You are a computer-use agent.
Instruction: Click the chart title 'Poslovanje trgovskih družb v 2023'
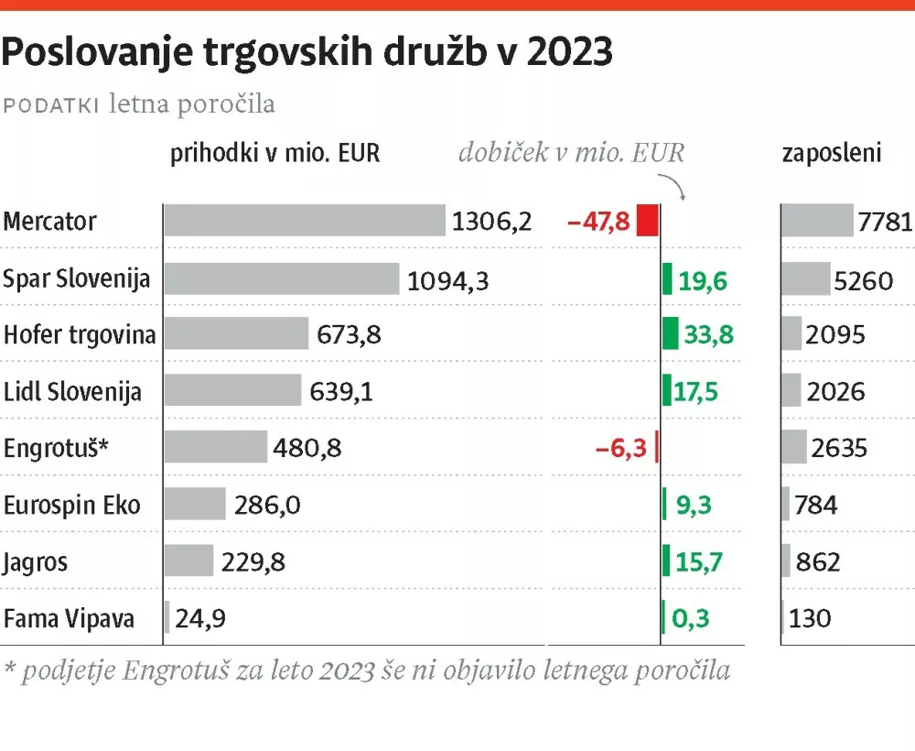pos(307,53)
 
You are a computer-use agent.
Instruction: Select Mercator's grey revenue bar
pos(304,221)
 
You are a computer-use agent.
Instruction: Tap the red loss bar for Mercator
pos(648,222)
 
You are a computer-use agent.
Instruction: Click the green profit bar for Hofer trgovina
pos(671,334)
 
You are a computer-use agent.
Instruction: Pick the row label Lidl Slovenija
pos(72,392)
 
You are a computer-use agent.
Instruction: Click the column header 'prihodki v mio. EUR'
pos(274,153)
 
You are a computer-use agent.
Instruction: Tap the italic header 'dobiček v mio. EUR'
pos(571,153)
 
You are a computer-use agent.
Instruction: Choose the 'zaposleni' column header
pos(832,153)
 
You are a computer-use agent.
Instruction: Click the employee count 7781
pos(885,223)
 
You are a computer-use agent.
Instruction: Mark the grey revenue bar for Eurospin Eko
pos(195,504)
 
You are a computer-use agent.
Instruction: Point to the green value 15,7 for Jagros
pos(699,561)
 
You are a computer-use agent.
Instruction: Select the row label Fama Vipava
pos(69,618)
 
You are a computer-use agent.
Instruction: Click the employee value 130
pos(810,618)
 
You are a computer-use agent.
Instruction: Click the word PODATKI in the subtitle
pos(52,105)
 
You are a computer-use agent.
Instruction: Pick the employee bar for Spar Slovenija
pos(806,279)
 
